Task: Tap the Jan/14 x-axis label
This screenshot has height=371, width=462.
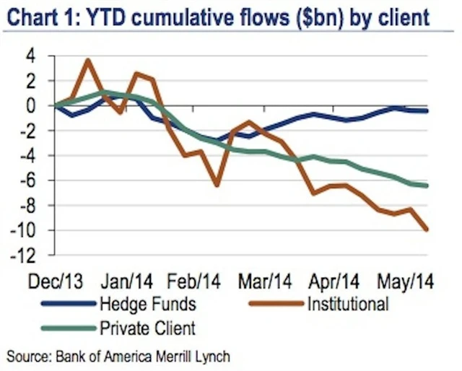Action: coord(128,280)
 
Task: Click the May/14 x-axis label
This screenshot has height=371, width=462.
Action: coord(407,280)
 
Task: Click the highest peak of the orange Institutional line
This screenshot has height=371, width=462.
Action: coord(87,61)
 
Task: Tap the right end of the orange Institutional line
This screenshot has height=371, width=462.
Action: coord(427,230)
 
